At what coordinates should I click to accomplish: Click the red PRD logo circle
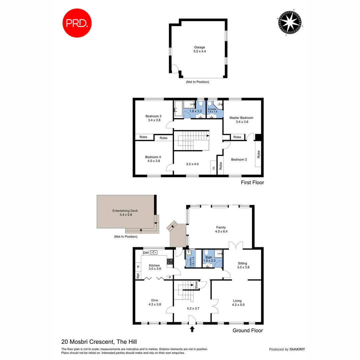click(78, 23)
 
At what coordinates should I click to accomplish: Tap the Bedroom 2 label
click(239, 159)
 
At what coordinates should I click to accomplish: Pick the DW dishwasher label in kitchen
click(146, 253)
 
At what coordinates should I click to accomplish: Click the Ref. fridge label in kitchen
click(138, 276)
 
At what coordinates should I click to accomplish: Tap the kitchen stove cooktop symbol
click(170, 262)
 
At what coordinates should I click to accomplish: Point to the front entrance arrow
click(192, 329)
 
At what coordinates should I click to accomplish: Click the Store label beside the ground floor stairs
click(196, 285)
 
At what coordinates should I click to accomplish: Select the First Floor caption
click(252, 183)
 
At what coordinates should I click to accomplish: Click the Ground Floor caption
click(247, 331)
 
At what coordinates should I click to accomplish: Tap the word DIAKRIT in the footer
click(297, 349)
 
